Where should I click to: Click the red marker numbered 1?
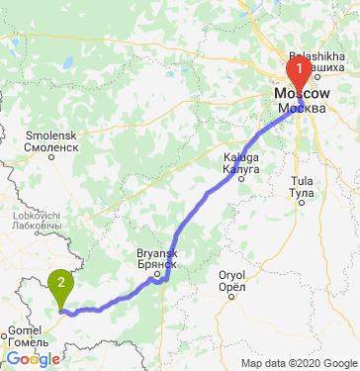[298, 71]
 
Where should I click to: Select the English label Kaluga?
[241, 158]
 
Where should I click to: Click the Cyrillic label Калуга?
[241, 169]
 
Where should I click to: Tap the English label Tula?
[302, 181]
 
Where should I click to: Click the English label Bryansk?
[156, 254]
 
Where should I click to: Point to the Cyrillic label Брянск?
[156, 265]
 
